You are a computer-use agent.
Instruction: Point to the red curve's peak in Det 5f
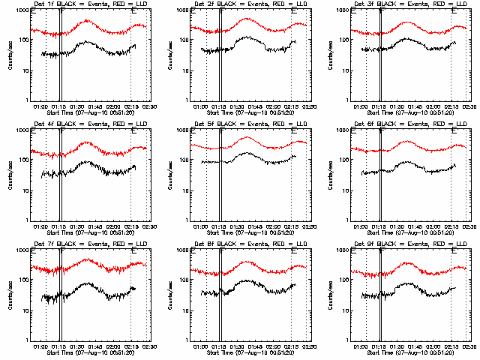click(x=248, y=137)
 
